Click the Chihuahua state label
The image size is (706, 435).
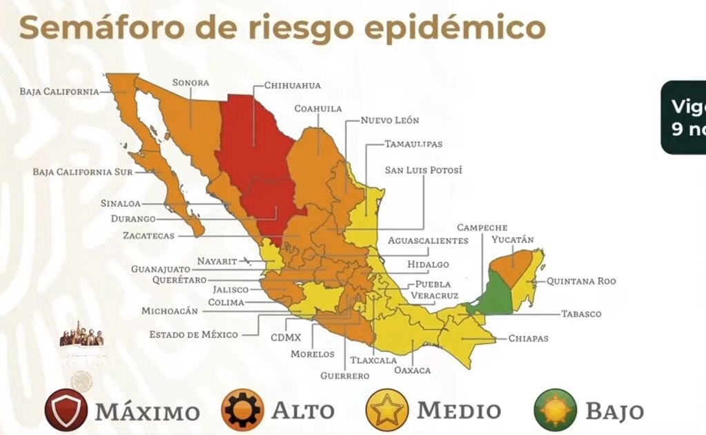[x=293, y=86]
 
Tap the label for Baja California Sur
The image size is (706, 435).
[x=82, y=171]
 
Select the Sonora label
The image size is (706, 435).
[x=190, y=83]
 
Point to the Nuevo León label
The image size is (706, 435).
[x=389, y=120]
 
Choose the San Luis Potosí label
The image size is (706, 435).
[x=423, y=170]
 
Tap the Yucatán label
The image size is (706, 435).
[x=512, y=240]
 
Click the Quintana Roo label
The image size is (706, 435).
[x=581, y=281]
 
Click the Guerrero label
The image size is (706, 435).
[x=344, y=376]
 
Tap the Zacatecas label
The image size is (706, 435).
[x=148, y=235]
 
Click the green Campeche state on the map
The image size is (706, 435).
[x=497, y=293]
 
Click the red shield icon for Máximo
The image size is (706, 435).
[x=66, y=410]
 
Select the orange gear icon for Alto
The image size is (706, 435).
[x=242, y=410]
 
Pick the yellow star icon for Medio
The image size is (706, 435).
[x=387, y=410]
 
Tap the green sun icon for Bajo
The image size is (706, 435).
[x=555, y=410]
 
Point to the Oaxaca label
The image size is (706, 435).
[x=412, y=370]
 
